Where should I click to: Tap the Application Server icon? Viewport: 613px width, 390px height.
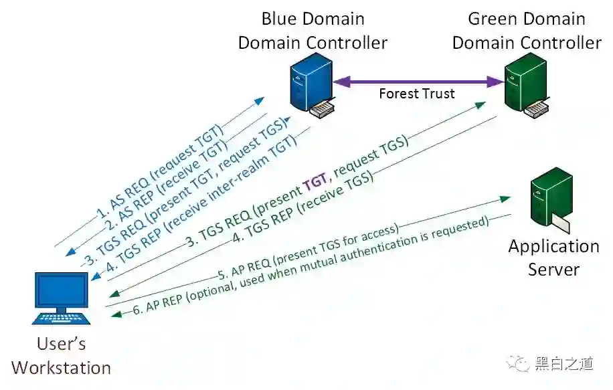tap(549, 201)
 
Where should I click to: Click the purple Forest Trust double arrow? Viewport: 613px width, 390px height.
tap(419, 82)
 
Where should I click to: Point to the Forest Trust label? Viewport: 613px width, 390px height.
tap(416, 94)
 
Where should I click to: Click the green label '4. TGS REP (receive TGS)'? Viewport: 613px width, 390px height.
tap(304, 201)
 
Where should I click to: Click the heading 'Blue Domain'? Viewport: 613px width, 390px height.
tap(313, 19)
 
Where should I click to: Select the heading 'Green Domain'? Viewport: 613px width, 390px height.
tap(526, 19)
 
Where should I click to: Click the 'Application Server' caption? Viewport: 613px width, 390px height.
tap(553, 258)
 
